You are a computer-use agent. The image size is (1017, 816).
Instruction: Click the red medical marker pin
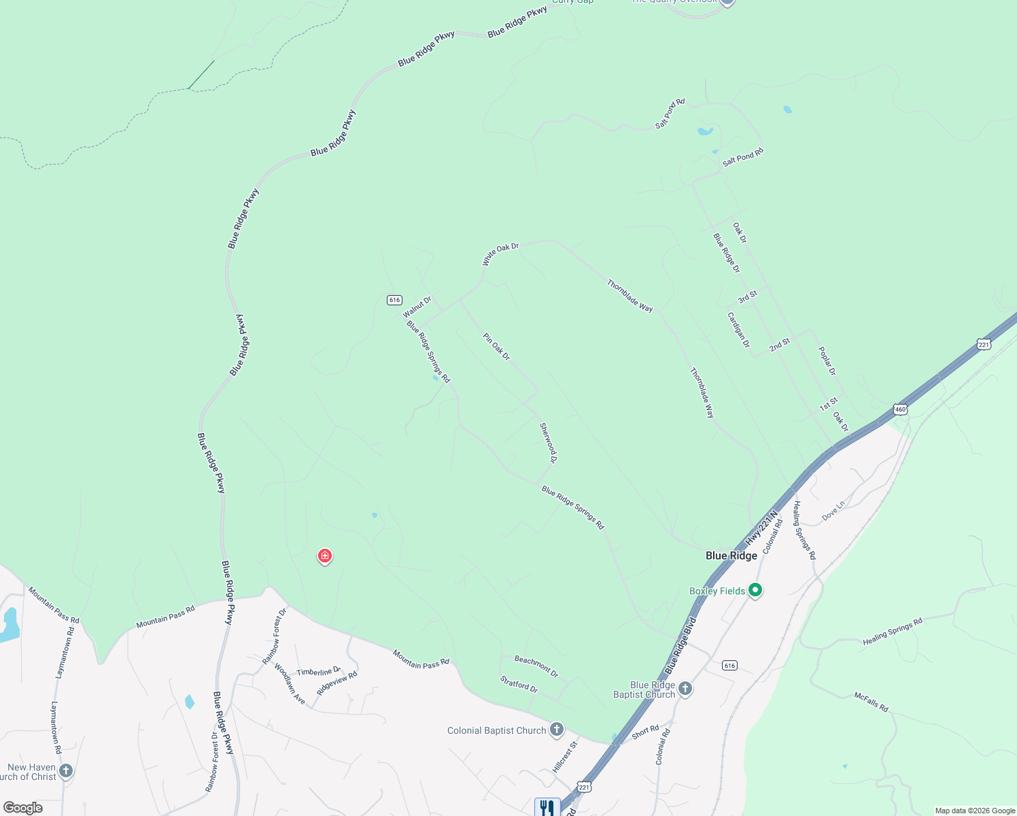pyautogui.click(x=325, y=556)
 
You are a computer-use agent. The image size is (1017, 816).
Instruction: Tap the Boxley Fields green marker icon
pyautogui.click(x=755, y=590)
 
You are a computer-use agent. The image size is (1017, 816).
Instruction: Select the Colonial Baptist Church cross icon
pyautogui.click(x=557, y=730)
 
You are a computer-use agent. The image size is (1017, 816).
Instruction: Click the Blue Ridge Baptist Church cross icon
pyautogui.click(x=685, y=689)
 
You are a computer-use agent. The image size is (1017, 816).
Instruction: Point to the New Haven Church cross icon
pyautogui.click(x=66, y=771)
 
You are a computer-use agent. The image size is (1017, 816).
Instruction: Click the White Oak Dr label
pyautogui.click(x=500, y=254)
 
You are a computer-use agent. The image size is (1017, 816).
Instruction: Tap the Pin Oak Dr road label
pyautogui.click(x=496, y=346)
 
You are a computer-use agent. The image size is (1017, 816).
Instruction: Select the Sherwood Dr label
pyautogui.click(x=548, y=443)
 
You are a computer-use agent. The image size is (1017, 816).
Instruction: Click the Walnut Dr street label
pyautogui.click(x=417, y=307)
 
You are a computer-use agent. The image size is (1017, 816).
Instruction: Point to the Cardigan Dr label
pyautogui.click(x=738, y=330)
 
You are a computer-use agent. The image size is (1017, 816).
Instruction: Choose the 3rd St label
pyautogui.click(x=747, y=297)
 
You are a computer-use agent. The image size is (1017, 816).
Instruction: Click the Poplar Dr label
pyautogui.click(x=827, y=361)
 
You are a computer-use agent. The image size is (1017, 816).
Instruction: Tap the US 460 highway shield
pyautogui.click(x=901, y=409)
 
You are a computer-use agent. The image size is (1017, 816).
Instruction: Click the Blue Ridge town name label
pyautogui.click(x=731, y=556)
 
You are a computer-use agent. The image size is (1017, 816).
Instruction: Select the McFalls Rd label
pyautogui.click(x=871, y=702)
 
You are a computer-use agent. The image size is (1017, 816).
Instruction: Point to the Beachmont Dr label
pyautogui.click(x=536, y=666)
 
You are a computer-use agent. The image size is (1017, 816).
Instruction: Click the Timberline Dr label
pyautogui.click(x=318, y=672)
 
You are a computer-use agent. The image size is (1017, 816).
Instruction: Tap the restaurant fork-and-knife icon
pyautogui.click(x=547, y=807)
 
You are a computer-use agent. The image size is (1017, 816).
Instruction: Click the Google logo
pyautogui.click(x=23, y=808)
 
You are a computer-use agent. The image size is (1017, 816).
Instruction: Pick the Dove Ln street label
pyautogui.click(x=833, y=511)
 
